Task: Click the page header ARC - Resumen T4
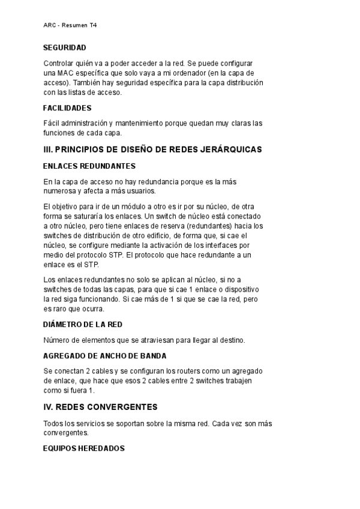pos(70,26)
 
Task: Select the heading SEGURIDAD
pos(64,47)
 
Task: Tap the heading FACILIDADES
pos(67,108)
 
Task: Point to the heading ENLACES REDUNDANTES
pos(89,166)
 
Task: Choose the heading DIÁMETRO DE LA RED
pos(83,325)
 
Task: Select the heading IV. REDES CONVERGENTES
pos(100,406)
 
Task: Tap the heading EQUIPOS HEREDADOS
pos(84,448)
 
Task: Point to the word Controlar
pos(61,63)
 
